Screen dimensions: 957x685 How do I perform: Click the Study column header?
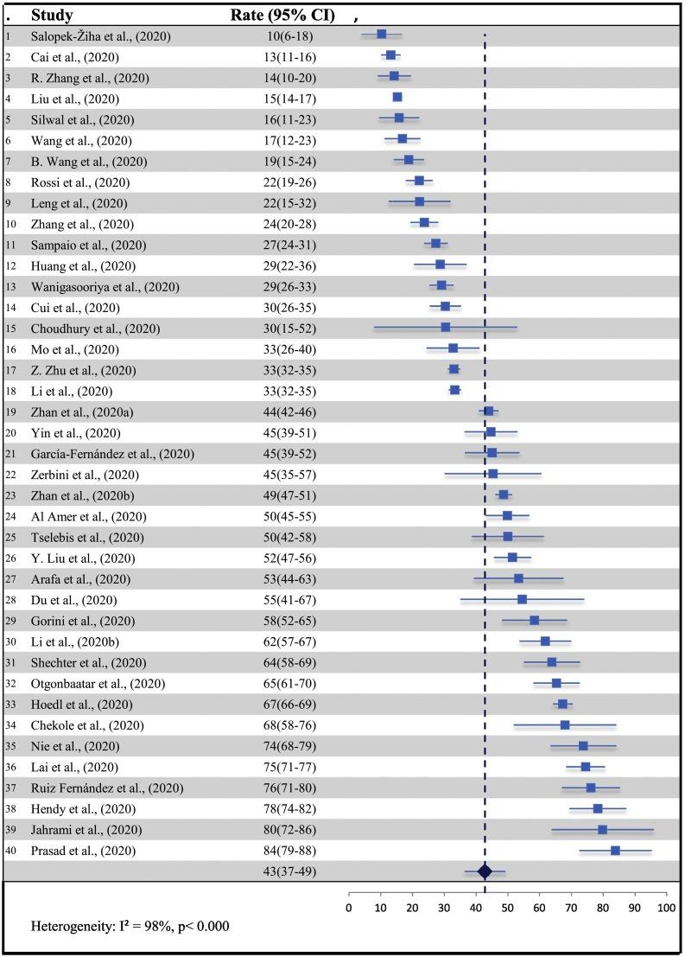(x=51, y=16)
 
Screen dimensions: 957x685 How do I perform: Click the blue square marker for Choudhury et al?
(x=445, y=328)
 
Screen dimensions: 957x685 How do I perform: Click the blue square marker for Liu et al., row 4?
(x=397, y=98)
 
